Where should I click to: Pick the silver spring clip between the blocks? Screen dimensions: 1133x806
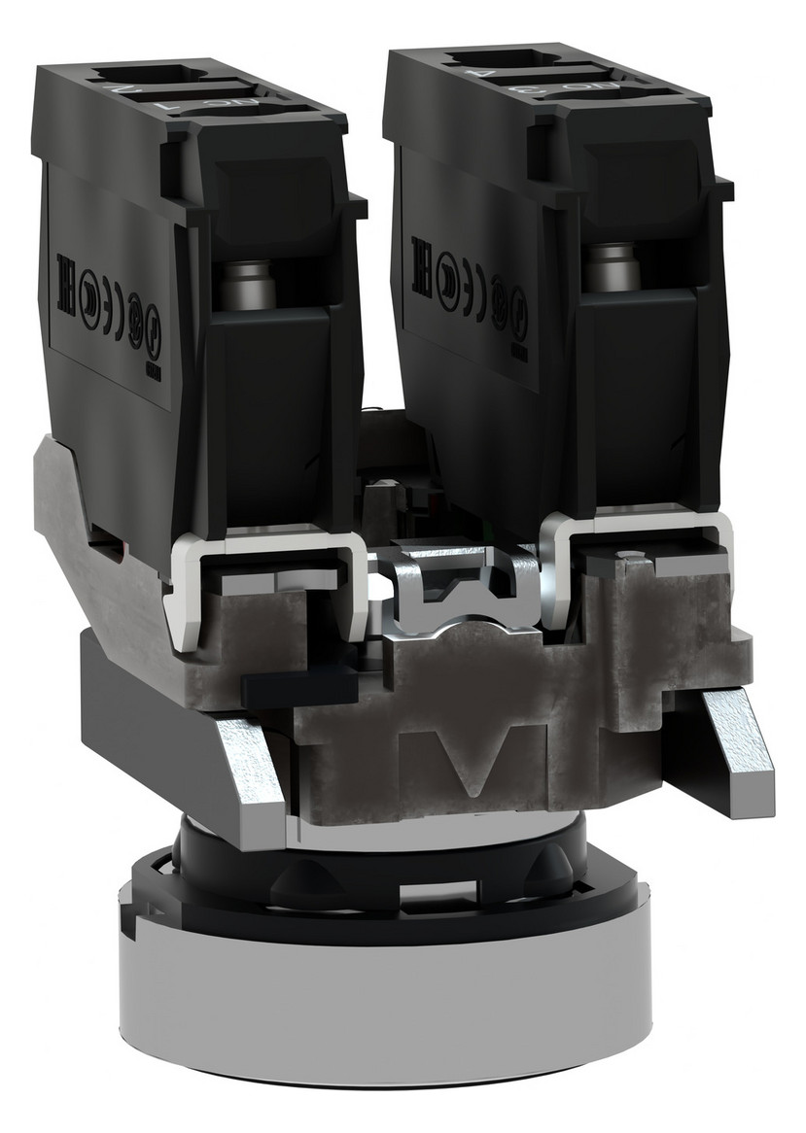click(x=457, y=594)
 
